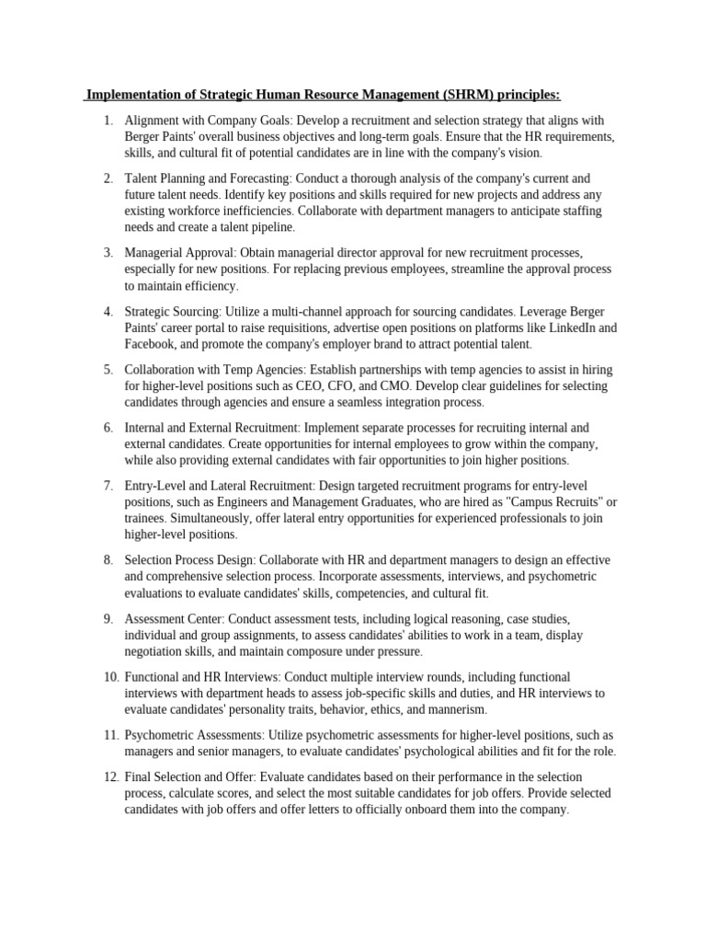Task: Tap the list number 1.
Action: tap(107, 121)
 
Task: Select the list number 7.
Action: tap(107, 486)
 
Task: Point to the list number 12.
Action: tap(110, 776)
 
